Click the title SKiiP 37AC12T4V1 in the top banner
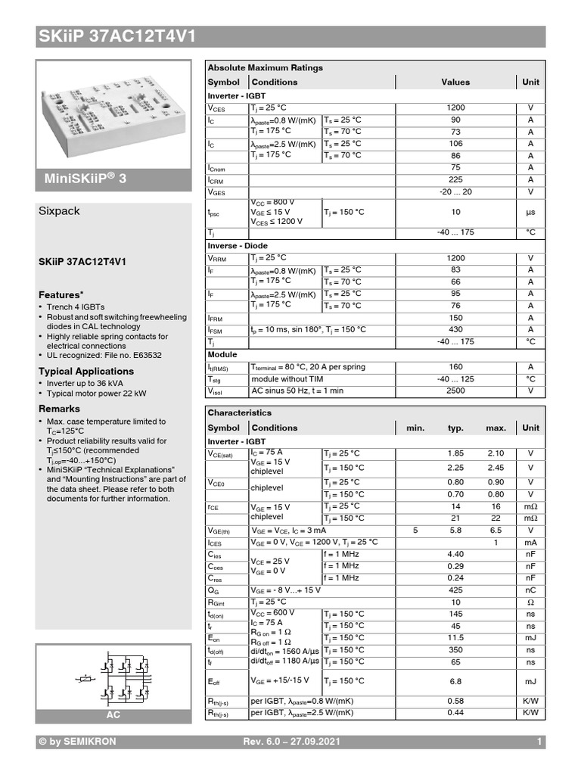[117, 36]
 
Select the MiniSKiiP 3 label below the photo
[88, 178]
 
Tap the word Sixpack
[59, 211]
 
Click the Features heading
[61, 294]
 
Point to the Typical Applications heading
[85, 371]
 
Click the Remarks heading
[59, 409]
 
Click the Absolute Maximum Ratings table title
[265, 67]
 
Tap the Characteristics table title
[239, 412]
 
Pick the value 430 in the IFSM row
[455, 330]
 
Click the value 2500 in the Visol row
[455, 391]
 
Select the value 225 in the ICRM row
[455, 179]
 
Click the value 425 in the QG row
[455, 590]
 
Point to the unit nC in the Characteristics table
[530, 590]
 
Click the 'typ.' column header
[455, 428]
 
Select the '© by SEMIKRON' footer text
[77, 742]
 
